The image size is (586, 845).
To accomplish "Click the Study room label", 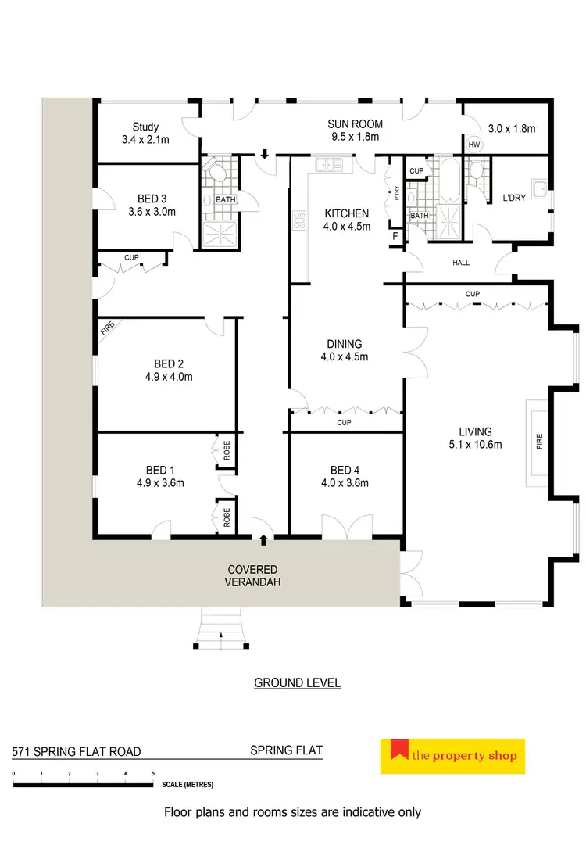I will click(x=145, y=127).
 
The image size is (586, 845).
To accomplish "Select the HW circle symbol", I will click(x=473, y=145).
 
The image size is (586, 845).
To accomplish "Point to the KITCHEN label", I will click(x=346, y=213).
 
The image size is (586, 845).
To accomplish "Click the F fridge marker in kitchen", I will click(x=395, y=235).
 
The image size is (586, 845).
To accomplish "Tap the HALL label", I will click(x=461, y=263).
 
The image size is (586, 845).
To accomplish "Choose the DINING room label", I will click(x=345, y=344).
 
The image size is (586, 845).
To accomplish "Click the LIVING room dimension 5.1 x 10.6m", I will click(x=475, y=445).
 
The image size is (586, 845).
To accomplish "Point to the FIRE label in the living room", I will click(x=539, y=442).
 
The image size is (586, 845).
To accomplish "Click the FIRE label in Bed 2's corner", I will click(x=105, y=331).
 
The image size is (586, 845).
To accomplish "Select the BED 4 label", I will click(x=345, y=470).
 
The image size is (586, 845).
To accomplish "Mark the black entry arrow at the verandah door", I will click(x=263, y=539).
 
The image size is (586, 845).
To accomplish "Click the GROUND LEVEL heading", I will click(x=297, y=682).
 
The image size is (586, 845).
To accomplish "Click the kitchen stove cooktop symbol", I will click(x=298, y=221).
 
